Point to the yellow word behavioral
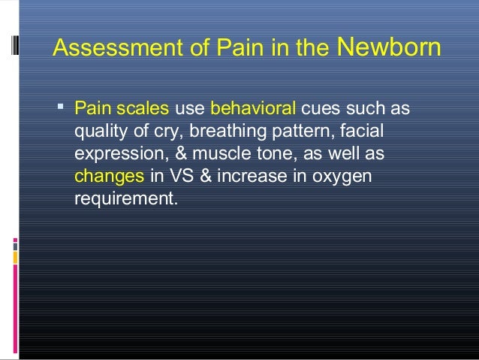click(254, 110)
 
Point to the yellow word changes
click(109, 178)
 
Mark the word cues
click(320, 110)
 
